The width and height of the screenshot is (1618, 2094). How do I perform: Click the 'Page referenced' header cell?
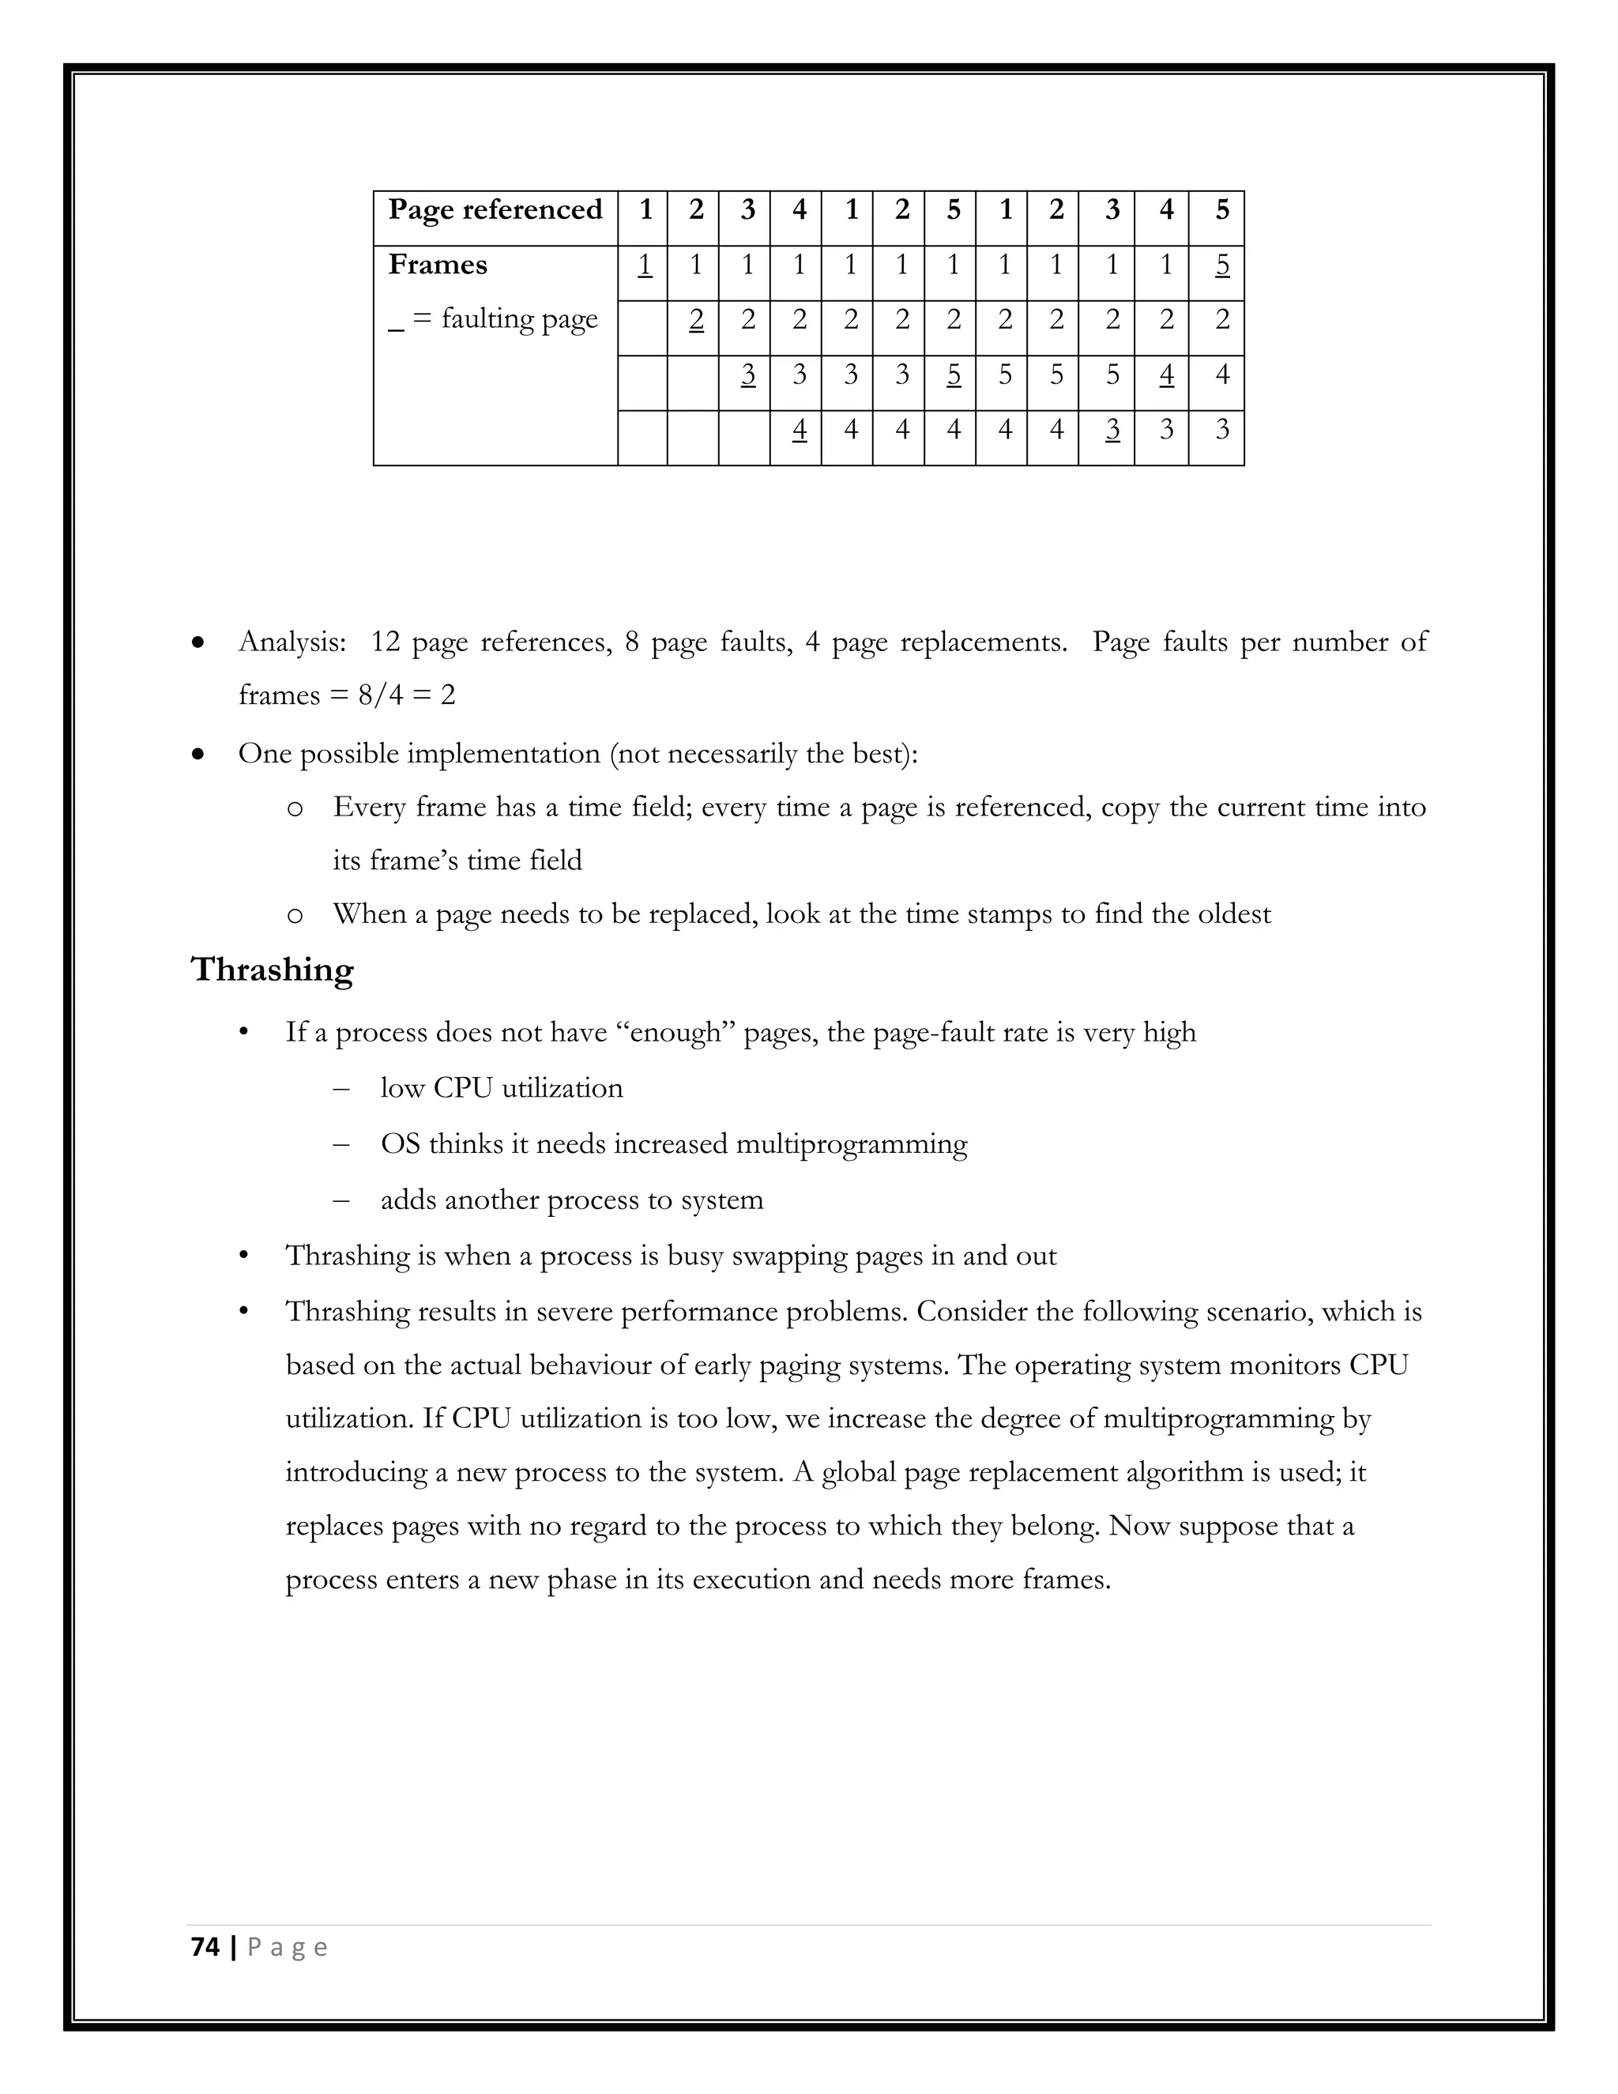(x=495, y=210)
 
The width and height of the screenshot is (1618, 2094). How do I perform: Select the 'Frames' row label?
(x=437, y=265)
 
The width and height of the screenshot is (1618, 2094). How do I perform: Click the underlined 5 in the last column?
(x=1221, y=265)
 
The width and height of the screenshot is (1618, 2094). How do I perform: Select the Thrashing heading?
(x=273, y=970)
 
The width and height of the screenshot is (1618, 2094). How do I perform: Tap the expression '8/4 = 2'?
(x=406, y=694)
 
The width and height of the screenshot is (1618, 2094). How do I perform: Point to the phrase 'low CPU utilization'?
(x=502, y=1088)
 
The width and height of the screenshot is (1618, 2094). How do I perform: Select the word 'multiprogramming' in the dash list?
(x=851, y=1144)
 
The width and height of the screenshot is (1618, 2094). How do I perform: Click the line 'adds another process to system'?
(x=571, y=1200)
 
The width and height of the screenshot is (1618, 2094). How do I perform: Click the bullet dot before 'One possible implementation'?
(x=198, y=755)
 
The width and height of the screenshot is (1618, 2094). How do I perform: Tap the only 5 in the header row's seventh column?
(x=953, y=210)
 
